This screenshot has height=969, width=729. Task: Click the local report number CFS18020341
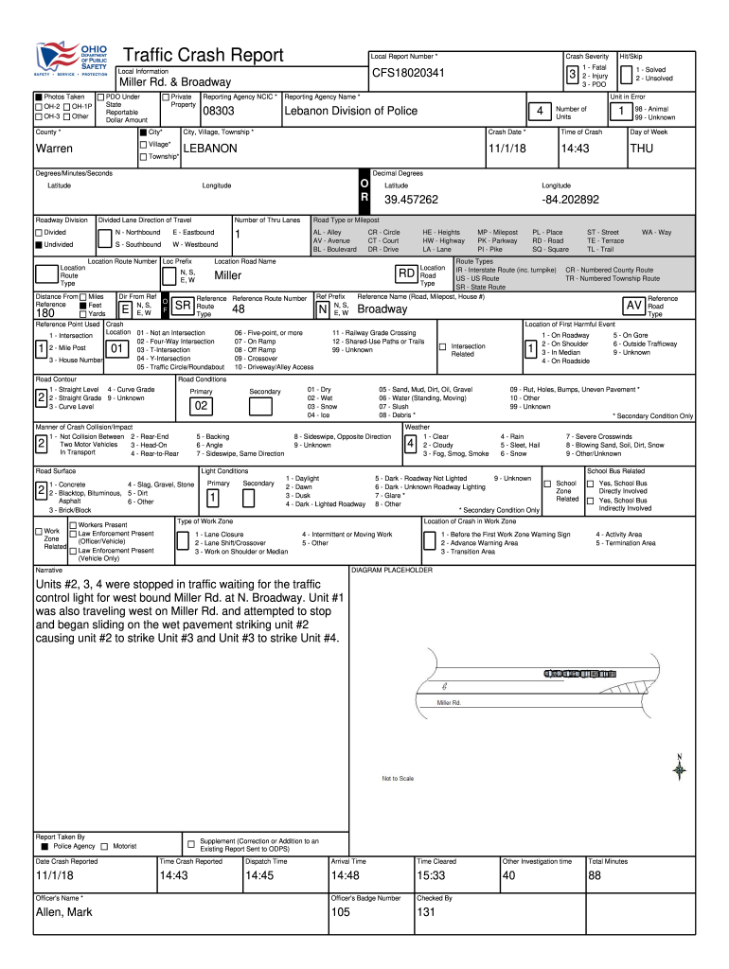point(408,73)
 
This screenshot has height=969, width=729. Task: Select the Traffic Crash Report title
point(203,57)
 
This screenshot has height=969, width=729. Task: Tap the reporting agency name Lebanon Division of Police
point(350,112)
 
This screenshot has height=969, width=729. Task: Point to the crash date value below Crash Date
point(502,149)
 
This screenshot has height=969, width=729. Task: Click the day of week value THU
point(641,149)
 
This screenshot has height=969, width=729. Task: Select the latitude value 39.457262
point(411,200)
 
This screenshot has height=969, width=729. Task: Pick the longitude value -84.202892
point(571,200)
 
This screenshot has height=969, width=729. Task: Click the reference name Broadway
point(382,309)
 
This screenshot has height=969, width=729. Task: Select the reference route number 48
point(239,309)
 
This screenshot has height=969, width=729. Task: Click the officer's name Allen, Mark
point(64,911)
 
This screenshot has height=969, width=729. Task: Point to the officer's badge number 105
point(341,911)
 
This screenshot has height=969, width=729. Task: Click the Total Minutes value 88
point(596,875)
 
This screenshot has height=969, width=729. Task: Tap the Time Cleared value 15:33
point(430,875)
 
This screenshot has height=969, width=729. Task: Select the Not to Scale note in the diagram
point(398,779)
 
